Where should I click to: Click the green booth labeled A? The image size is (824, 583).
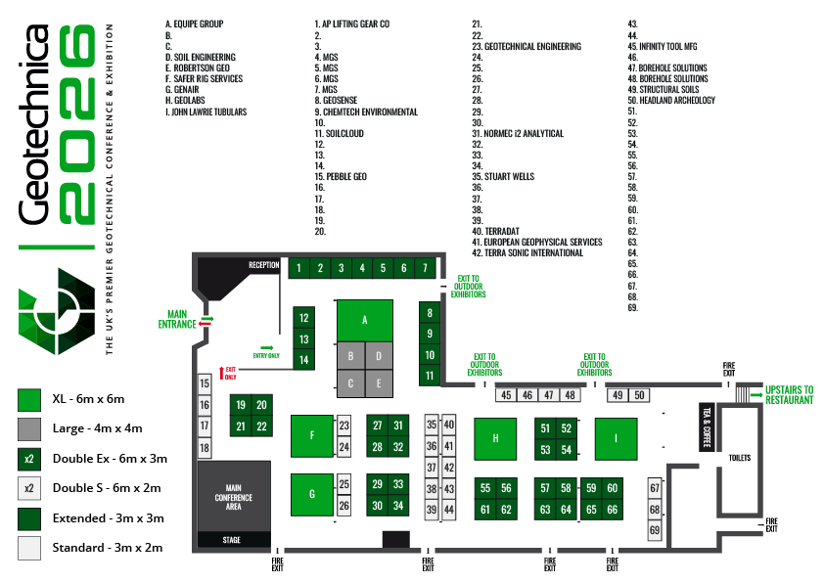point(365,321)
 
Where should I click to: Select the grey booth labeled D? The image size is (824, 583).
point(379,356)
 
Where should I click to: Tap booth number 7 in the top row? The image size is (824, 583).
point(425,268)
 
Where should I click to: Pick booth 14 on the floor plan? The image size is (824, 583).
point(303,360)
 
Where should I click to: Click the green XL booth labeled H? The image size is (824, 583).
point(495,439)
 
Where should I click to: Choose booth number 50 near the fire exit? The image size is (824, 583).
point(639,395)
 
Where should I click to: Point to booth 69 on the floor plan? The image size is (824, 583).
point(655,530)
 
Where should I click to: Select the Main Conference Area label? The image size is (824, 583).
point(233,497)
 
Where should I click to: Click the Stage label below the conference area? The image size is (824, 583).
point(231,540)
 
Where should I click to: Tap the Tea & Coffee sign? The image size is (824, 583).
point(707,427)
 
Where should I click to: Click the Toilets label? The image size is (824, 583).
point(740,458)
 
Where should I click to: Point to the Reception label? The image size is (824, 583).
point(264,265)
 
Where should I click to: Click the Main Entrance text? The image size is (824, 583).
point(177,319)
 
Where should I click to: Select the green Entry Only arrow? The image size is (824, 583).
point(267,347)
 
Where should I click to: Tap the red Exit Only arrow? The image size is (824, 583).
point(222,373)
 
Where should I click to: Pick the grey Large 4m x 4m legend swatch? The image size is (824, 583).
point(29,429)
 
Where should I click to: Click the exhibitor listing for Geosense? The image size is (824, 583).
point(336,101)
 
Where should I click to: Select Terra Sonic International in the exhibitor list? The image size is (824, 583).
point(527,253)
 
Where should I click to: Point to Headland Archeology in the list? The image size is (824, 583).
point(671,101)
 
